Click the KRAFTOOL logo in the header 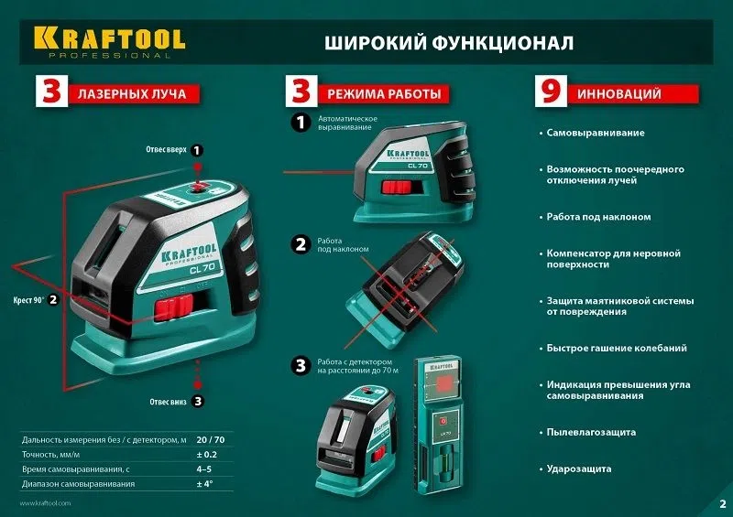(109, 39)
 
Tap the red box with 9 (547, 93)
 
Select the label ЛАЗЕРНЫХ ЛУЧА (133, 94)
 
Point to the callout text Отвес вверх (166, 149)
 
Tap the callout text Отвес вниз (170, 401)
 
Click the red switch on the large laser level (174, 307)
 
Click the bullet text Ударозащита (579, 469)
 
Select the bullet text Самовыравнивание (595, 133)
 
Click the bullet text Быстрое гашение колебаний (616, 348)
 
